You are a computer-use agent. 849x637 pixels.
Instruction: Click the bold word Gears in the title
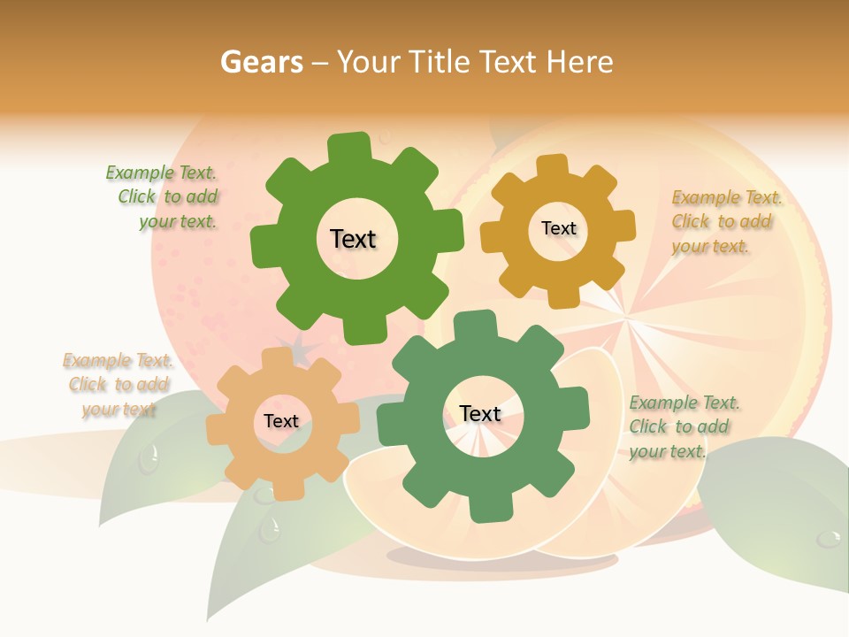point(261,62)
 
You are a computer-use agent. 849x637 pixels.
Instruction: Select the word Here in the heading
point(579,62)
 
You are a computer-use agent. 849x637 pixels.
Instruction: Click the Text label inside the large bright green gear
point(353,239)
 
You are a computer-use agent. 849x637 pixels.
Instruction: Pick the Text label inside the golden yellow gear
point(558,228)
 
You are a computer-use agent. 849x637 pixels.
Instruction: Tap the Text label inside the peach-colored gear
point(281,421)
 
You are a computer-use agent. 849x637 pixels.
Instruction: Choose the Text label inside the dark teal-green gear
point(480,413)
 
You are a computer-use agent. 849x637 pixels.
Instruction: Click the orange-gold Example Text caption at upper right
point(725,221)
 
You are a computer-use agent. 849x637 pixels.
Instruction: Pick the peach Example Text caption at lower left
point(118,384)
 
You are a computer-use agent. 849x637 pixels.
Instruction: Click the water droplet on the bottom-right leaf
point(829,537)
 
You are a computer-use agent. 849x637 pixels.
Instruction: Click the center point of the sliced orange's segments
point(634,315)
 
